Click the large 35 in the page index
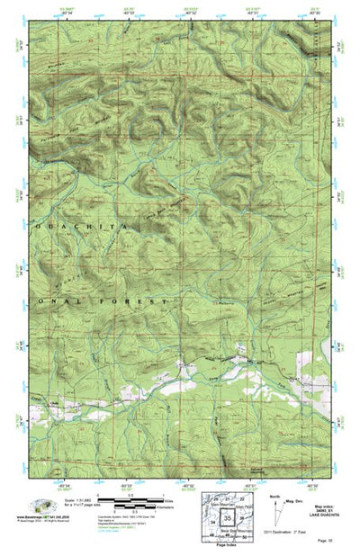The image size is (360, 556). pos(229,518)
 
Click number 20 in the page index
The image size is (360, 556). pos(215,498)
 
